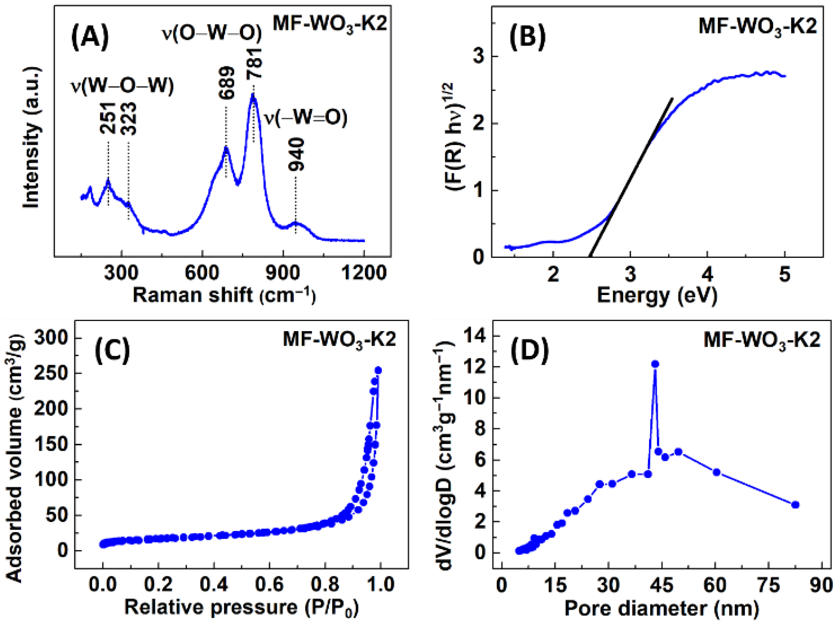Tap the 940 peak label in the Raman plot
coord(296,155)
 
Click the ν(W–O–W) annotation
coord(123,86)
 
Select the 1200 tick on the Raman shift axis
coord(364,273)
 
